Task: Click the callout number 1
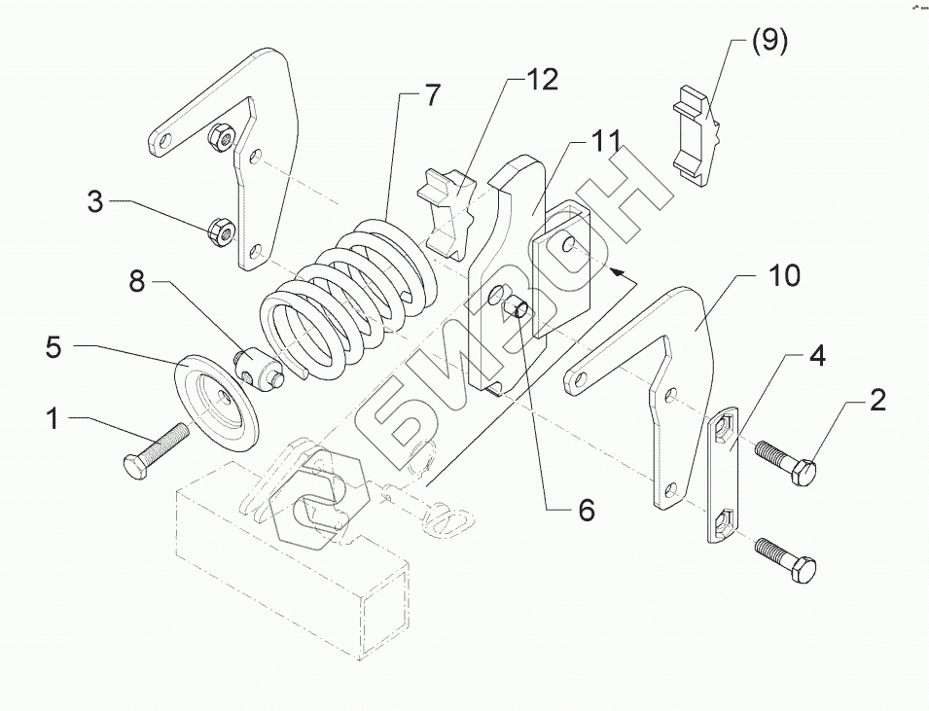pos(54,418)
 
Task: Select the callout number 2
pos(876,401)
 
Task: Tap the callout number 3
pos(95,201)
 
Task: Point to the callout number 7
pos(433,95)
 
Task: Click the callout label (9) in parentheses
pos(769,42)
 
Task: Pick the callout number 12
pos(543,80)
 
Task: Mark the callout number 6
pos(586,509)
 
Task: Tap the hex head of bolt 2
pos(804,472)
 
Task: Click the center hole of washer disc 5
pos(224,396)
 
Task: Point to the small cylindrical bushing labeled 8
pos(260,369)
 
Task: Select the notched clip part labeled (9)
pos(697,135)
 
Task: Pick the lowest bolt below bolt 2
pos(786,559)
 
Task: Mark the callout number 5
pos(53,347)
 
